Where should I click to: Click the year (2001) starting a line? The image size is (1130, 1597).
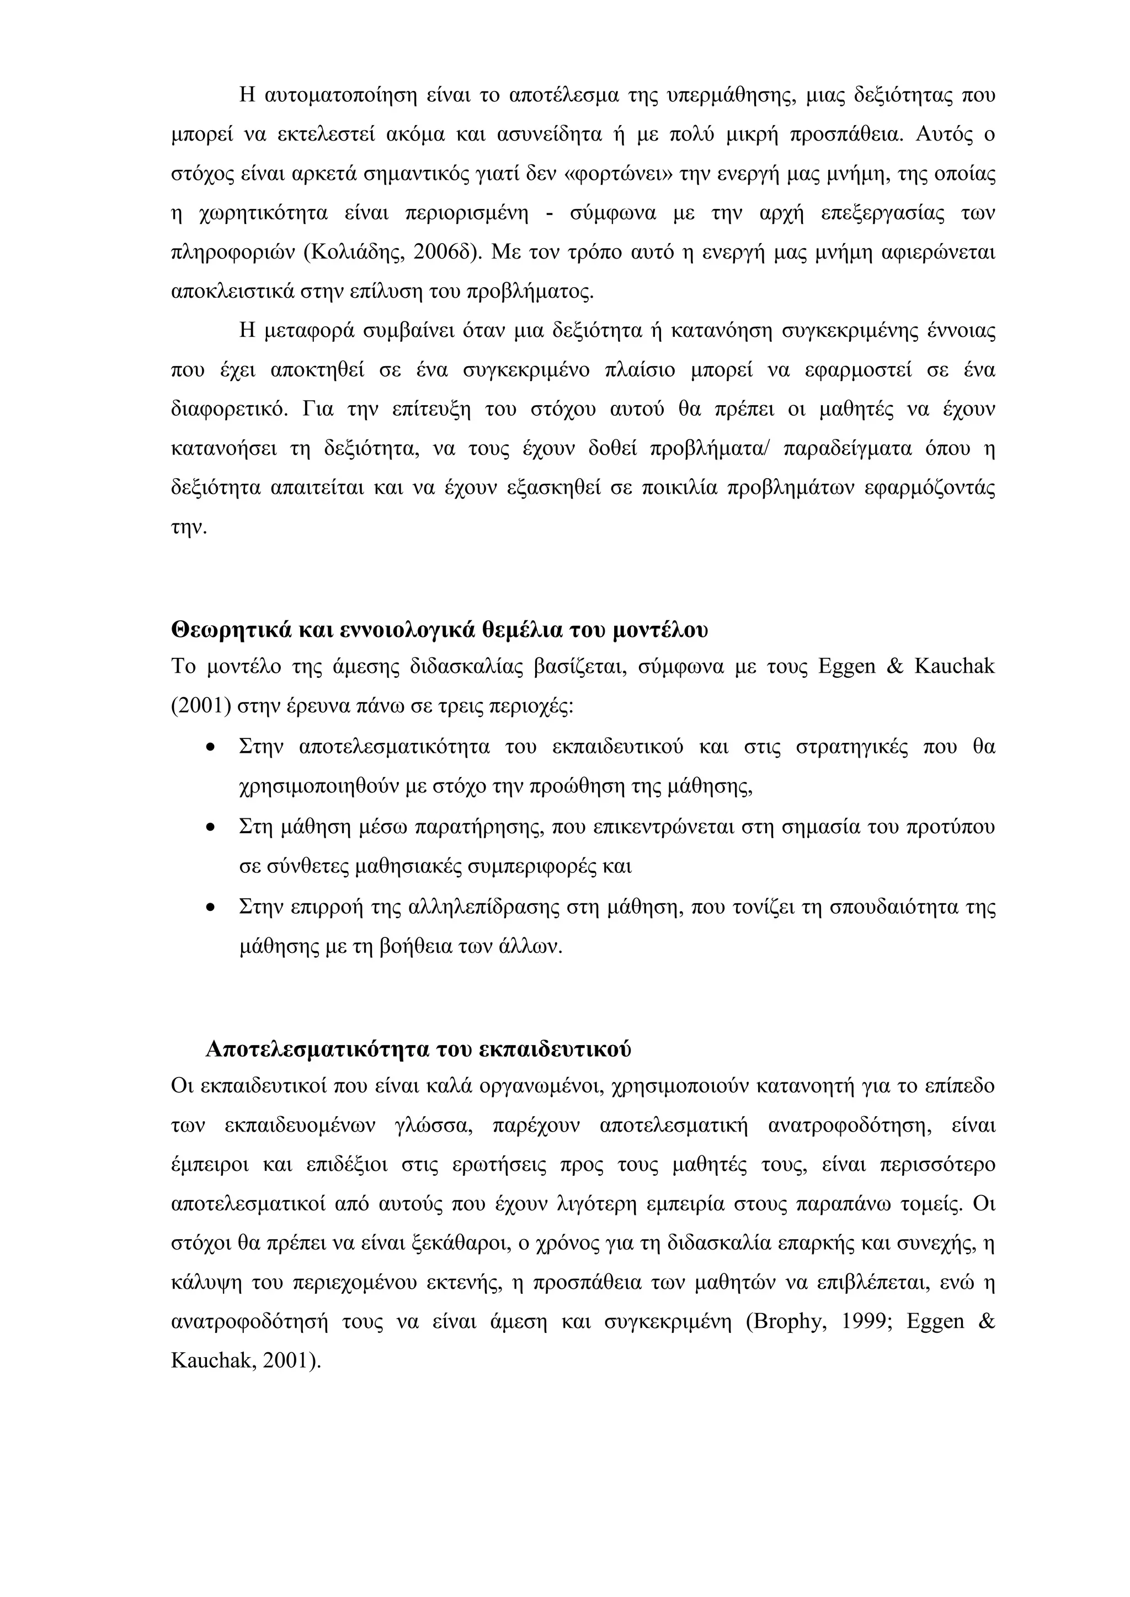click(x=201, y=708)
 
